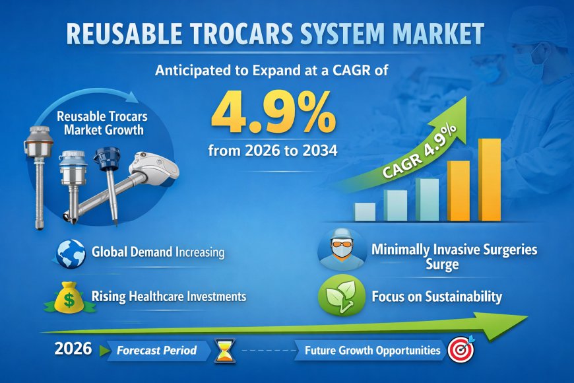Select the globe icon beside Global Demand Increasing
(71, 253)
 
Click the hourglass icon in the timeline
(224, 351)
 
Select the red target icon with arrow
(460, 351)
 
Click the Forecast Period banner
(156, 351)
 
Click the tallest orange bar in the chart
(490, 180)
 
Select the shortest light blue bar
(364, 211)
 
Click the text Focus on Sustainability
(436, 296)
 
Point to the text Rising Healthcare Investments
(168, 296)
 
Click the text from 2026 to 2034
(272, 151)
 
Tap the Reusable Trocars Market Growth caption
(102, 123)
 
